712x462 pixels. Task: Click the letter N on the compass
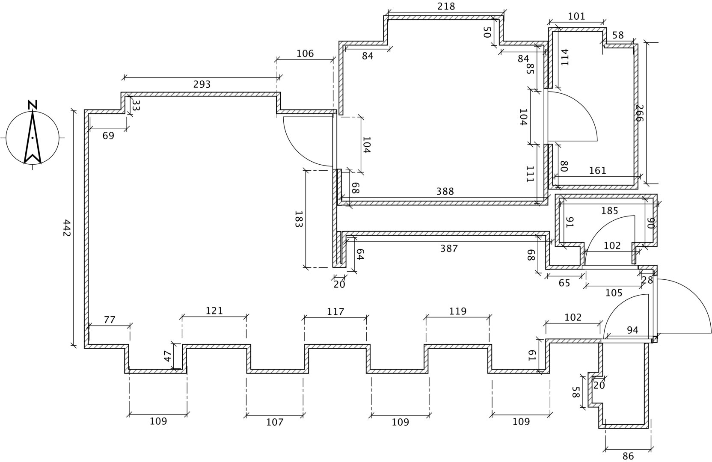pyautogui.click(x=33, y=104)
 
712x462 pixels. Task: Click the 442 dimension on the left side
pyautogui.click(x=66, y=228)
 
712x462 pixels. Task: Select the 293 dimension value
pyautogui.click(x=202, y=84)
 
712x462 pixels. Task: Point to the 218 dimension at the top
pyautogui.click(x=446, y=6)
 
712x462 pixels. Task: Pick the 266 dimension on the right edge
pyautogui.click(x=639, y=113)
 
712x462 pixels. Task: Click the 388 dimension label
pyautogui.click(x=445, y=191)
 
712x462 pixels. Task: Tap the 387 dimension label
pyautogui.click(x=449, y=249)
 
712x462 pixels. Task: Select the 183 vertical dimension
pyautogui.click(x=299, y=219)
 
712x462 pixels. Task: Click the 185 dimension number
pyautogui.click(x=610, y=210)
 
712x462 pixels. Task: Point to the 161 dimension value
pyautogui.click(x=598, y=171)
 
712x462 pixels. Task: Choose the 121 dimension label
pyautogui.click(x=214, y=311)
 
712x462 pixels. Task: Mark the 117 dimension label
pyautogui.click(x=335, y=311)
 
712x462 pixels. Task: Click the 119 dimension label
pyautogui.click(x=458, y=311)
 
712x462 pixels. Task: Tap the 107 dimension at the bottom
pyautogui.click(x=275, y=422)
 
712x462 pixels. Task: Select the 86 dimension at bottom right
pyautogui.click(x=628, y=456)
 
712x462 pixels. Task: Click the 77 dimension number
pyautogui.click(x=110, y=320)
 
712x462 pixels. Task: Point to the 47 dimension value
pyautogui.click(x=167, y=356)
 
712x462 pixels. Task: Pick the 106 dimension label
pyautogui.click(x=305, y=53)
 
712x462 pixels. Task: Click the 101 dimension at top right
pyautogui.click(x=576, y=17)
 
